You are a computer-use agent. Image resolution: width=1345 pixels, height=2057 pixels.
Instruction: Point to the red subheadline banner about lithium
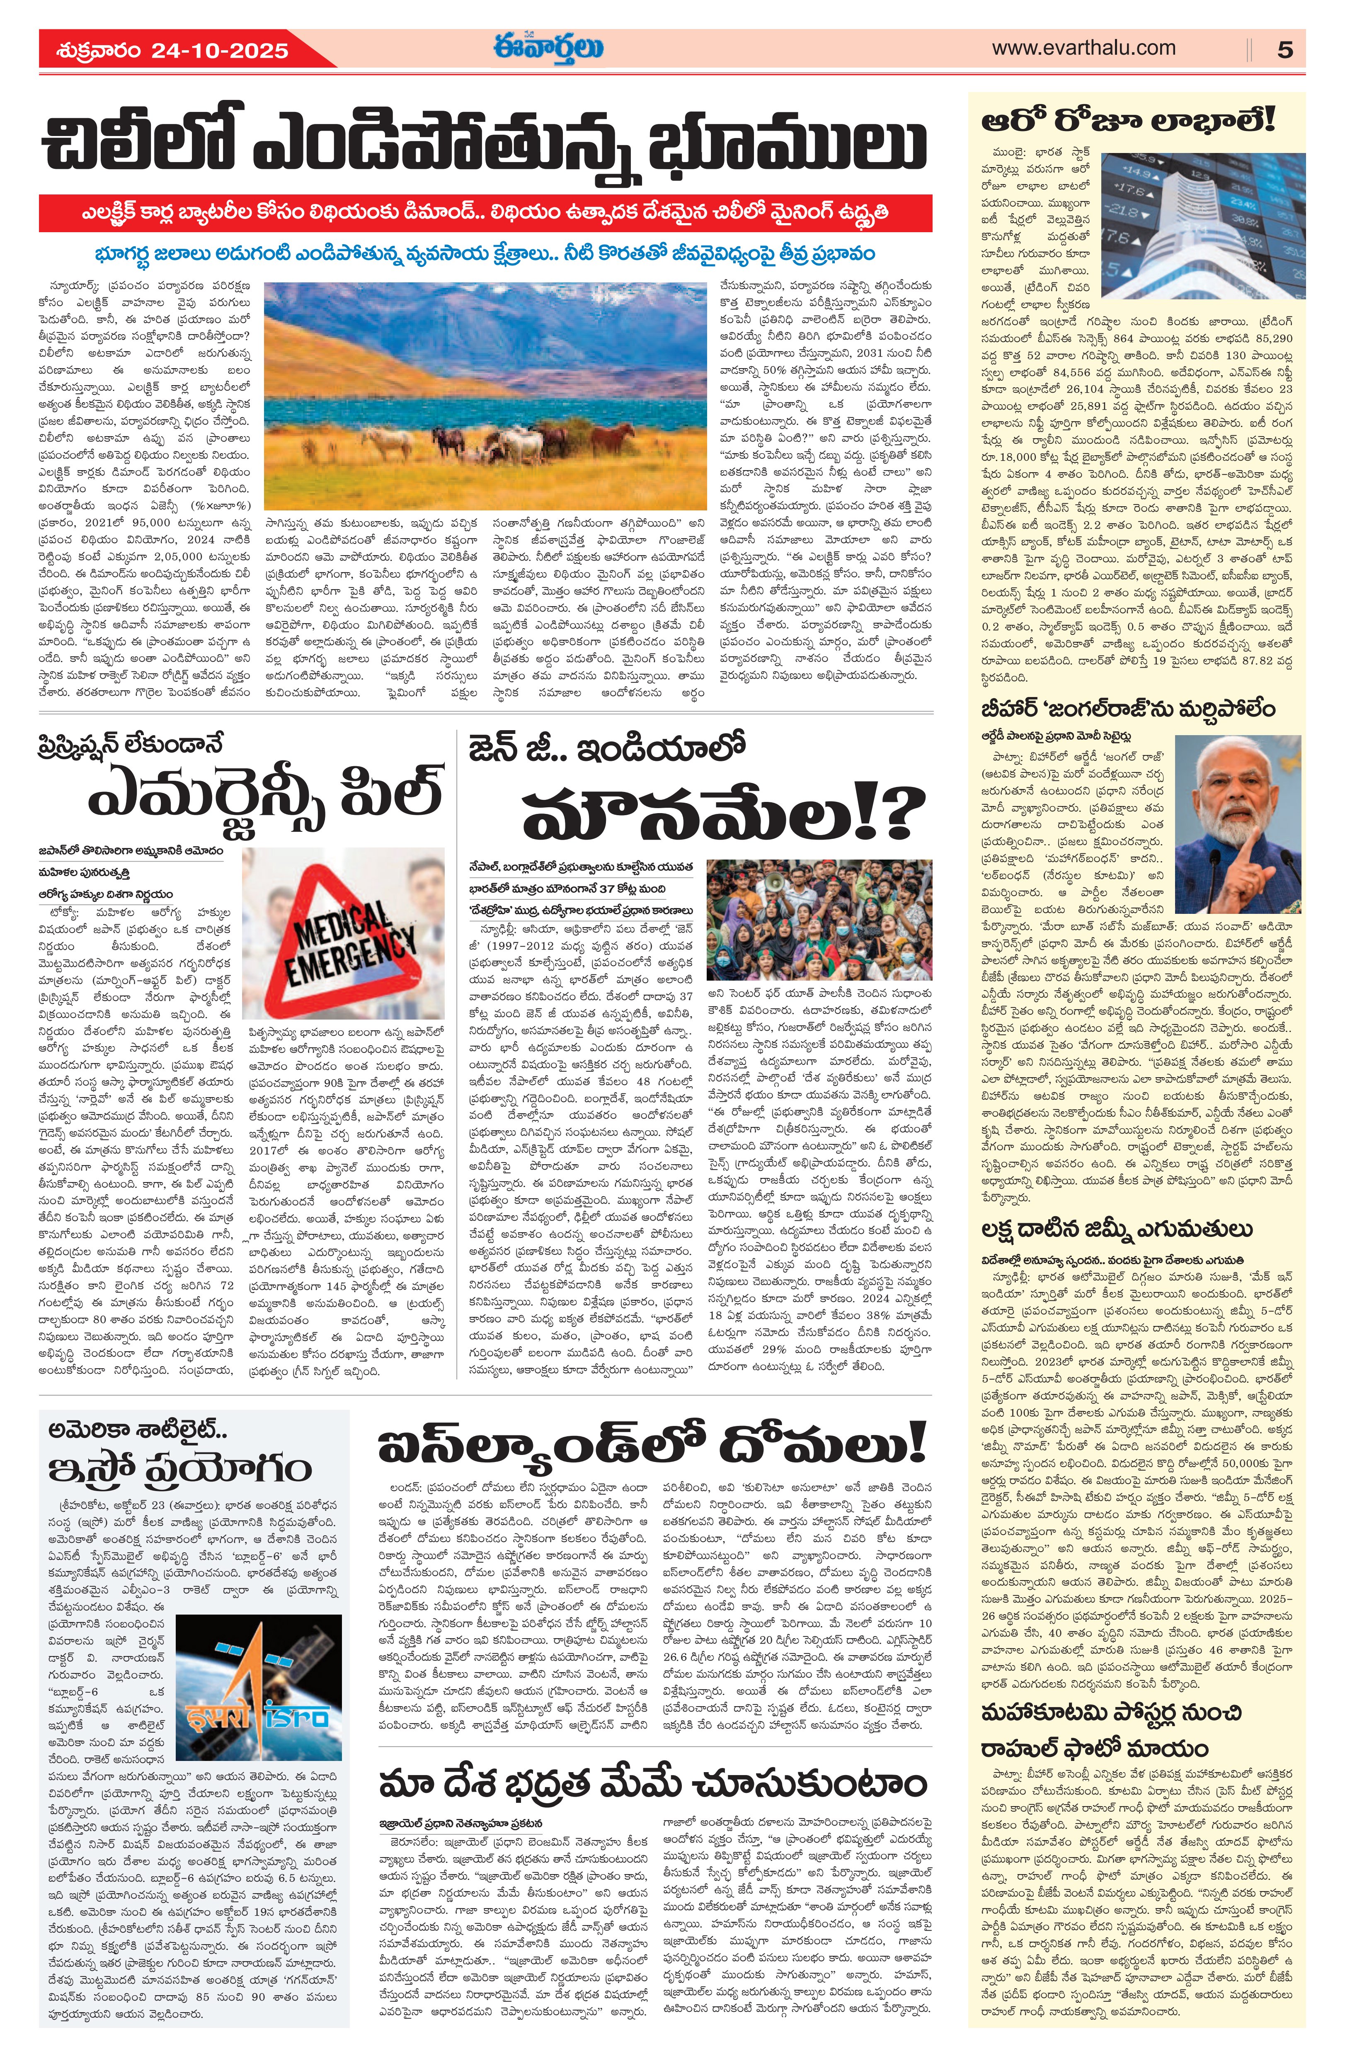(x=485, y=213)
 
